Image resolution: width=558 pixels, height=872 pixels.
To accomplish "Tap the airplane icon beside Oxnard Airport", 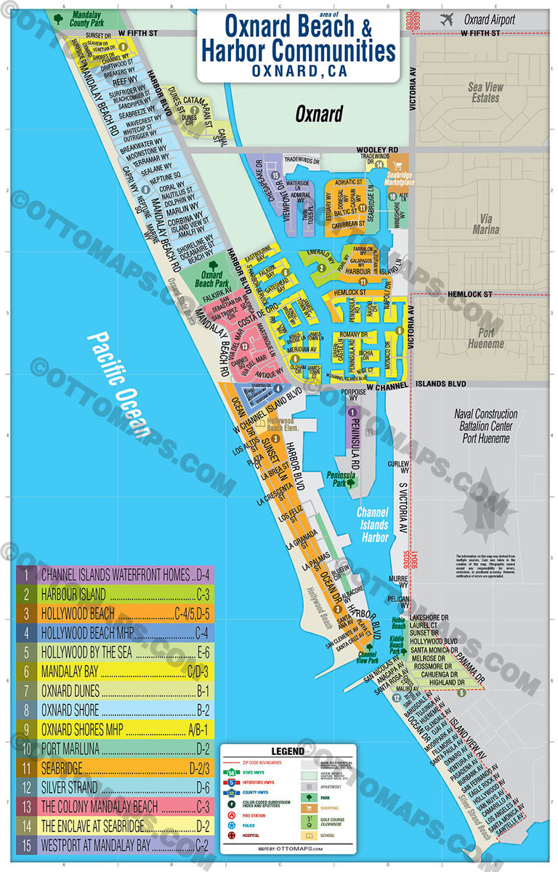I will pyautogui.click(x=447, y=20).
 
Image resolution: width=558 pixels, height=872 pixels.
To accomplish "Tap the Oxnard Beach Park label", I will pyautogui.click(x=211, y=280).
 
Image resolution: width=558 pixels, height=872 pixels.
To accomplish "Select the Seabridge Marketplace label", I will pyautogui.click(x=399, y=178).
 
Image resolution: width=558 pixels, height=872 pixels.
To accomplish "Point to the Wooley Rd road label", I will pyautogui.click(x=377, y=150).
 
